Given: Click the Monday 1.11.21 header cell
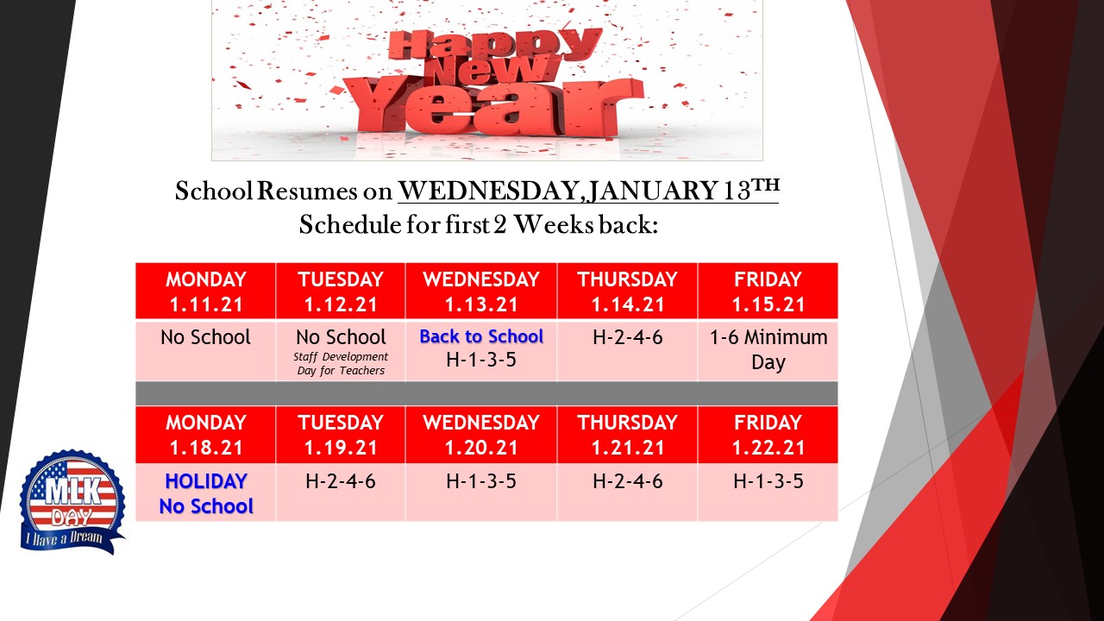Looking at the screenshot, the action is coord(205,291).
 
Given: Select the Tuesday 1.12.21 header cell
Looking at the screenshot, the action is coord(341,291).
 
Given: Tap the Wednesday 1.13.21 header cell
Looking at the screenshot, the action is coord(481,291).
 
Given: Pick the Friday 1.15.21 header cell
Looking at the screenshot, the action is coord(768,291).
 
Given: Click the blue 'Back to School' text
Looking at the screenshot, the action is coord(481,336).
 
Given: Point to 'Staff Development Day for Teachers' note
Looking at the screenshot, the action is coord(341,363).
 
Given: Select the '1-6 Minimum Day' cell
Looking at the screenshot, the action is coord(768,351).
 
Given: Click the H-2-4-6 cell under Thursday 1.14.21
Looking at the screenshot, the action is coord(627,351).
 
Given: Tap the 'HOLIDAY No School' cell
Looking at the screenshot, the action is coord(205,492).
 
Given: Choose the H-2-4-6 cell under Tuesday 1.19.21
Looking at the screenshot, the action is coord(341,492).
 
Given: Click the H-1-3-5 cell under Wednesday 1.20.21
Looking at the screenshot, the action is coord(481,492).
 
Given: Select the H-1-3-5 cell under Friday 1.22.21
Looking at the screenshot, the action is coord(768,492).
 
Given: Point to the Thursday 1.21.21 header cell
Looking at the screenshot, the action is coord(627,435).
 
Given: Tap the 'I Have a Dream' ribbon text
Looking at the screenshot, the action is coord(64,536).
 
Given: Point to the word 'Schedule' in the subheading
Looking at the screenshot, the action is coord(350,225).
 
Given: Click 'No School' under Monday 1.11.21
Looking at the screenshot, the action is coord(205,337).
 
